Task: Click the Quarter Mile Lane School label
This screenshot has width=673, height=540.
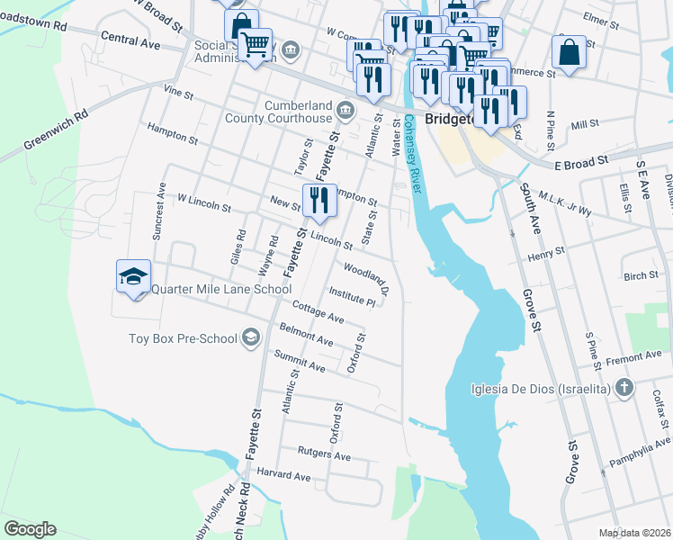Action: [x=220, y=289]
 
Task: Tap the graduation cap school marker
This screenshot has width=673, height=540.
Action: [x=133, y=276]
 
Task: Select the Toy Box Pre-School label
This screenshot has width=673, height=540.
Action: [x=183, y=338]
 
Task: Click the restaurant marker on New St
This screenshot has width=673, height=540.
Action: [x=318, y=202]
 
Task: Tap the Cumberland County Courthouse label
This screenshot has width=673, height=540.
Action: [x=298, y=112]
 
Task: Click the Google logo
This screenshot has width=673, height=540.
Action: [x=31, y=528]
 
